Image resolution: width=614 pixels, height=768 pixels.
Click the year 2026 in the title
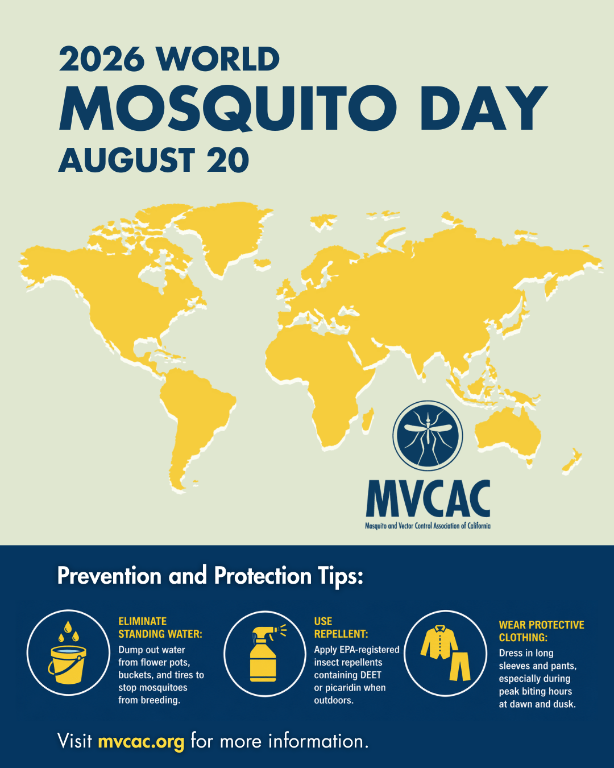[x=102, y=59]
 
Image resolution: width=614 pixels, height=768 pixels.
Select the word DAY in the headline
[x=484, y=108]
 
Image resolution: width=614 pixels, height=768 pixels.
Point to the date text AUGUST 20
[x=153, y=160]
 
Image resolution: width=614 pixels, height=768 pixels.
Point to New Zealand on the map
[x=571, y=461]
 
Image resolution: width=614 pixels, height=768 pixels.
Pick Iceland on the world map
[x=262, y=264]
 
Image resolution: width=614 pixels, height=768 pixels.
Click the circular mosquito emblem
[x=428, y=435]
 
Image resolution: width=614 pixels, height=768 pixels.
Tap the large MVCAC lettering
[x=428, y=498]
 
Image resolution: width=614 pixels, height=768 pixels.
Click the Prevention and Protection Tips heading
[x=210, y=575]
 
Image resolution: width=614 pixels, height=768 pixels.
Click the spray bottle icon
[x=266, y=653]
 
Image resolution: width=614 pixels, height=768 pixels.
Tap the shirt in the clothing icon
[x=439, y=642]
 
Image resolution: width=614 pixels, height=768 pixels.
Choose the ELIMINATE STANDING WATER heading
[x=160, y=627]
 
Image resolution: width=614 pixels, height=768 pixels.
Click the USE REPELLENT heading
[x=341, y=627]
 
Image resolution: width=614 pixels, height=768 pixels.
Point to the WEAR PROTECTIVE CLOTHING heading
[x=541, y=631]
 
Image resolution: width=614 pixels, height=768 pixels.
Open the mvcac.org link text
[x=142, y=741]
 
